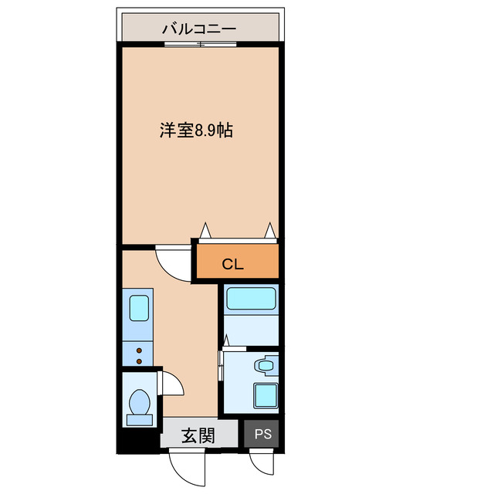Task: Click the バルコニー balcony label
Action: coord(198,29)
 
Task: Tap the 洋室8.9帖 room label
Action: coord(196,130)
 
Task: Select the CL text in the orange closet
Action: coord(232,264)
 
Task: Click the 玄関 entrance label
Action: coord(198,435)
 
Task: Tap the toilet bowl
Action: coord(140,403)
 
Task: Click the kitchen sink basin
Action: coord(139,308)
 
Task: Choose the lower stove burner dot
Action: coord(140,360)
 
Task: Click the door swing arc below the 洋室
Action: coord(173,262)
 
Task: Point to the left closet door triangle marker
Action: coord(205,230)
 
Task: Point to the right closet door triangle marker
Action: coord(270,230)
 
